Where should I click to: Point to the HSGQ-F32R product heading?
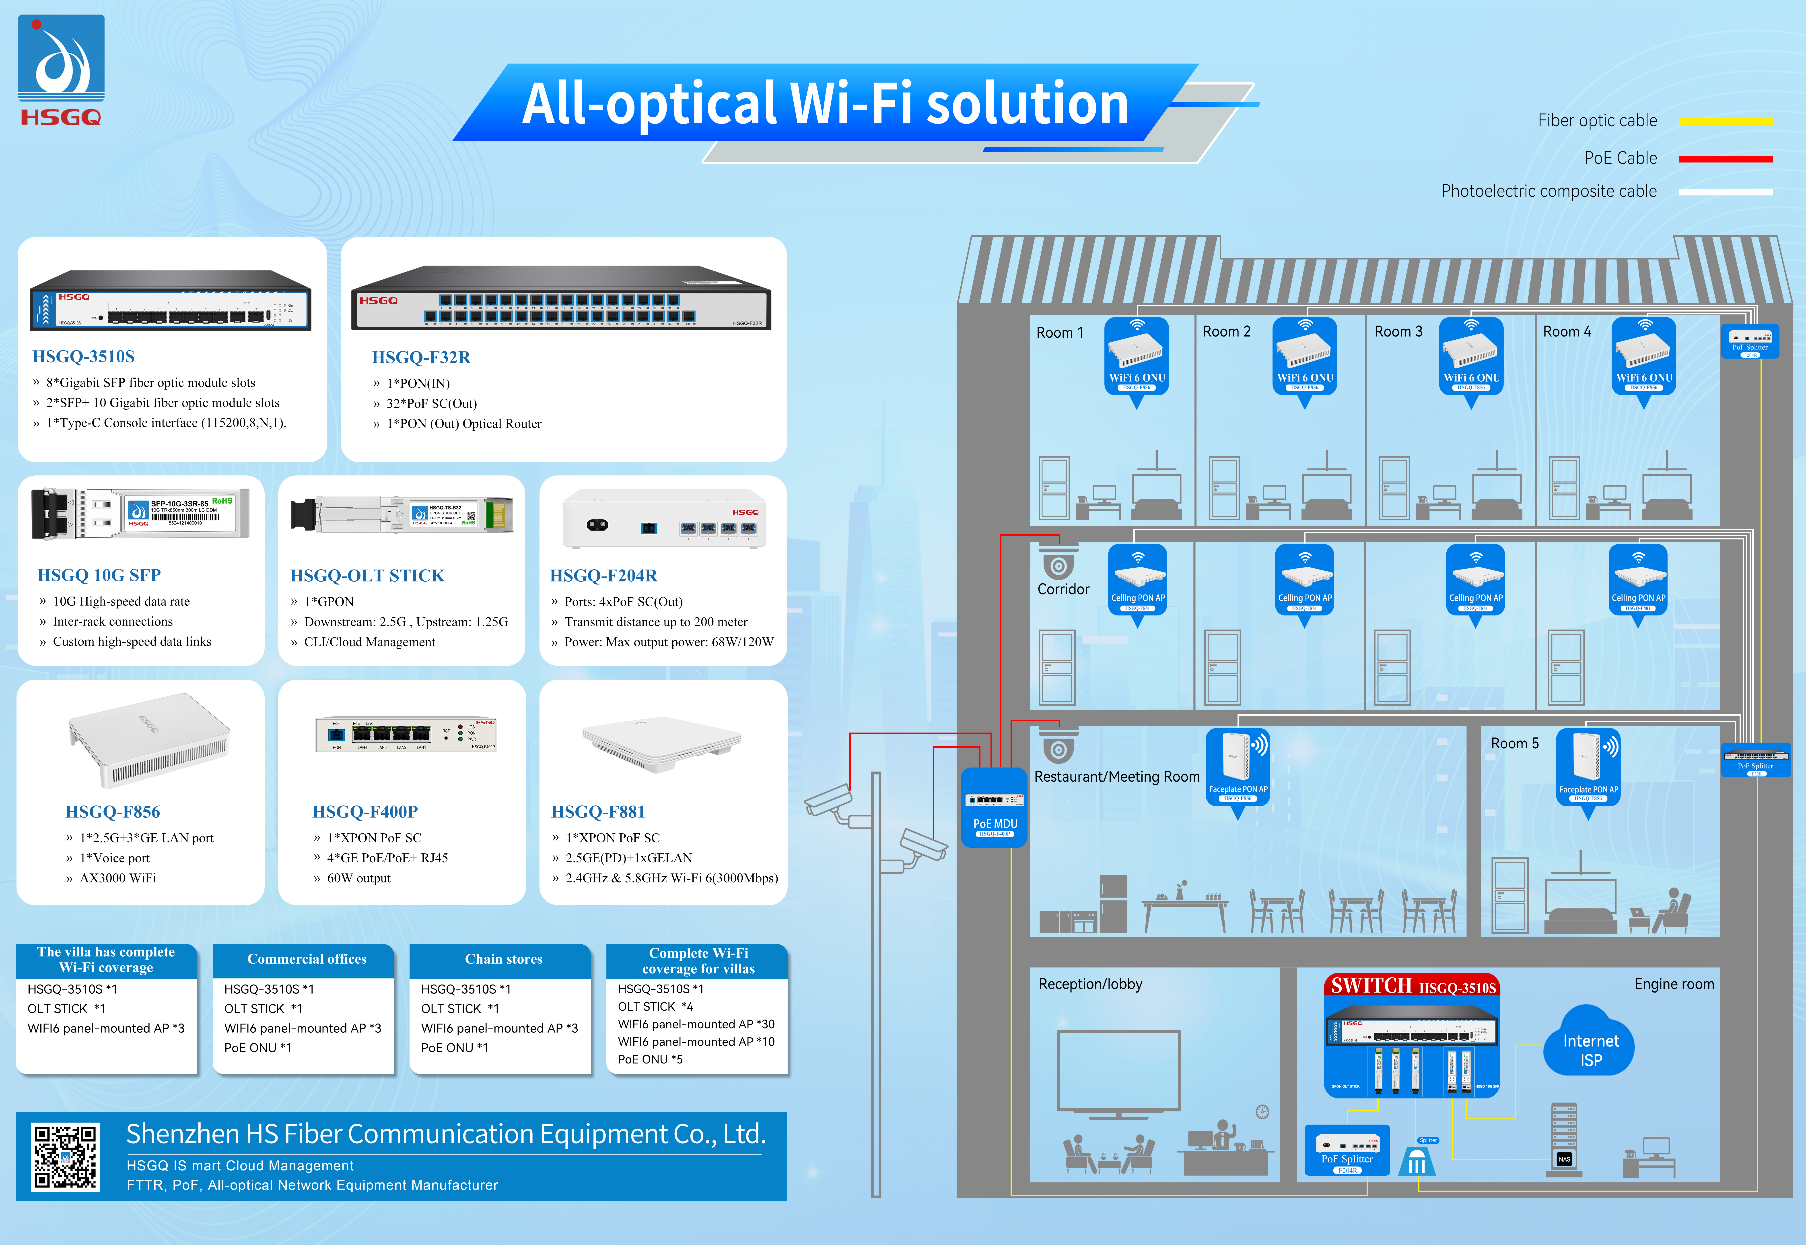421,357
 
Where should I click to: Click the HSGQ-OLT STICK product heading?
367,576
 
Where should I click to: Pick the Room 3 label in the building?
1398,332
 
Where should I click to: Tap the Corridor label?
1063,589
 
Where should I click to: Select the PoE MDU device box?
994,806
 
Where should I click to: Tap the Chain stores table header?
503,960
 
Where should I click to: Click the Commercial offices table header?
307,960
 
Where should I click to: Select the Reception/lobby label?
1090,985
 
